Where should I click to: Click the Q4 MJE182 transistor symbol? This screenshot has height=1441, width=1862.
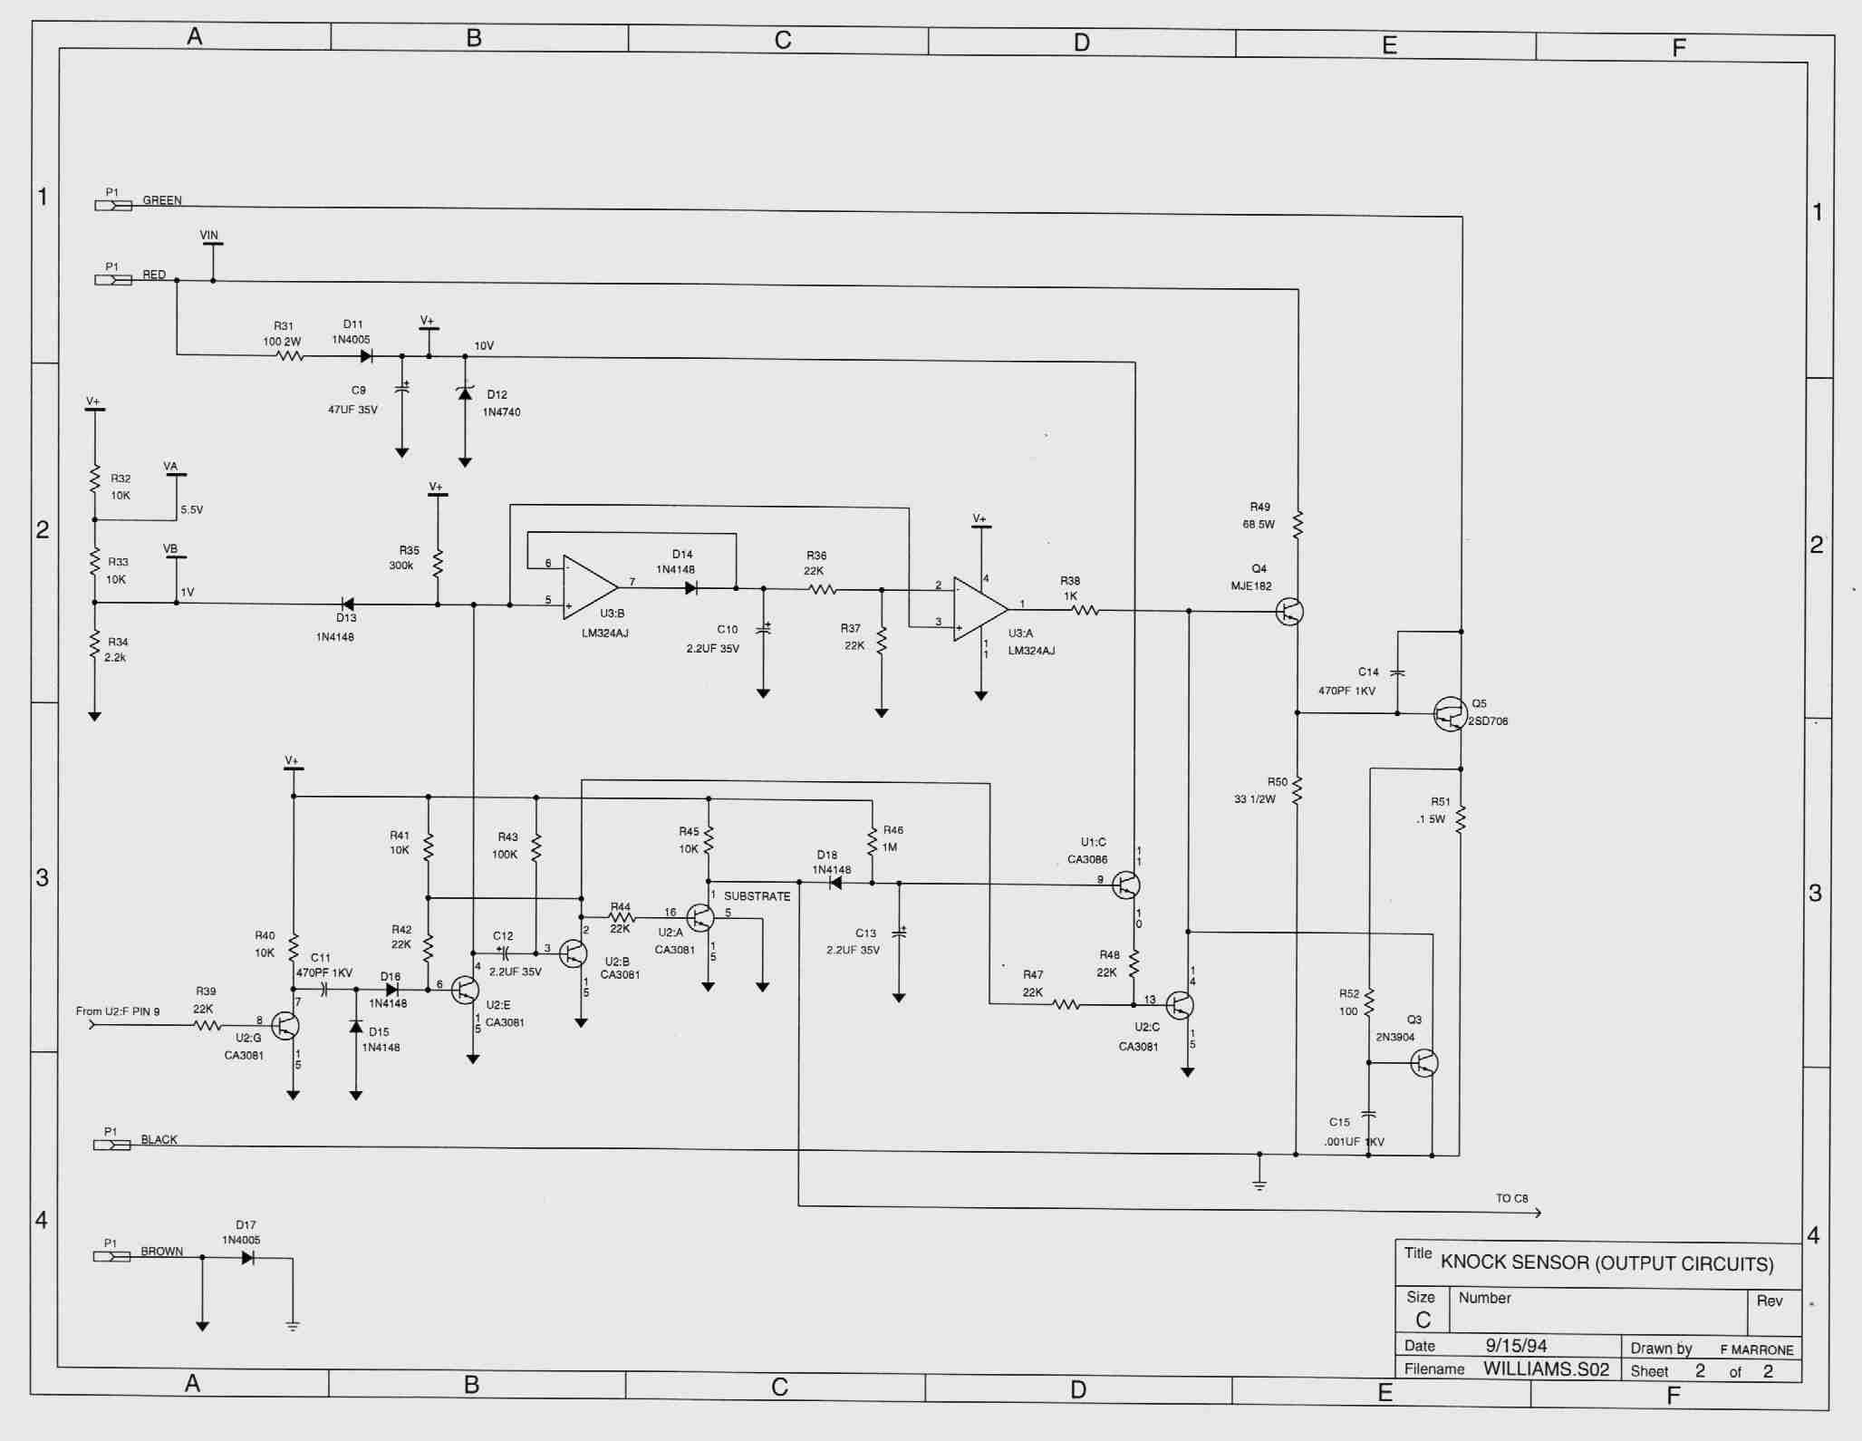click(x=1288, y=612)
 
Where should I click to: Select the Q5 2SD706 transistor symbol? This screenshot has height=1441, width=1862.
click(x=1450, y=714)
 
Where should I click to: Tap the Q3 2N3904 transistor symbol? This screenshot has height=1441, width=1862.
click(x=1423, y=1063)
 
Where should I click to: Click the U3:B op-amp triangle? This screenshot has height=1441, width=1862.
click(x=590, y=587)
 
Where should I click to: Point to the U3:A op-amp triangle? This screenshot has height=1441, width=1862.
click(x=979, y=609)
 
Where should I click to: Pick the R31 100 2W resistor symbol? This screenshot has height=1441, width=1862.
click(x=289, y=356)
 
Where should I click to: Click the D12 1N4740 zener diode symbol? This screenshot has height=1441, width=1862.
click(x=465, y=393)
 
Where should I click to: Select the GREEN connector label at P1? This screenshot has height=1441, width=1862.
click(x=162, y=200)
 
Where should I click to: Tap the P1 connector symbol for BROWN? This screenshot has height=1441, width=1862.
click(x=112, y=1257)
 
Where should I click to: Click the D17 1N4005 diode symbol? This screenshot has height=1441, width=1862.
click(x=247, y=1258)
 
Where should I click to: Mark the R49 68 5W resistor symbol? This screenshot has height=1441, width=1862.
click(x=1298, y=524)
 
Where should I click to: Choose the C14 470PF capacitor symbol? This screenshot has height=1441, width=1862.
click(x=1397, y=672)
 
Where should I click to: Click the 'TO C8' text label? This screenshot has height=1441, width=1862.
click(x=1511, y=1198)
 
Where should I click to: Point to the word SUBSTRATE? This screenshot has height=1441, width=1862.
click(x=757, y=896)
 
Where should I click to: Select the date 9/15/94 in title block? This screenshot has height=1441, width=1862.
click(x=1516, y=1346)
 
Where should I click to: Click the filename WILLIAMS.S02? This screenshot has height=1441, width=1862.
click(x=1546, y=1369)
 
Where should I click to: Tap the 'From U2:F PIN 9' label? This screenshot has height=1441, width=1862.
click(x=118, y=1011)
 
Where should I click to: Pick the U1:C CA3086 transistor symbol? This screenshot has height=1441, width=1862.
click(x=1125, y=885)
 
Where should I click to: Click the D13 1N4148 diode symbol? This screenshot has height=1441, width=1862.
click(x=346, y=604)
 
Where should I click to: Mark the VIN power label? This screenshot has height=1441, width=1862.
click(x=209, y=236)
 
